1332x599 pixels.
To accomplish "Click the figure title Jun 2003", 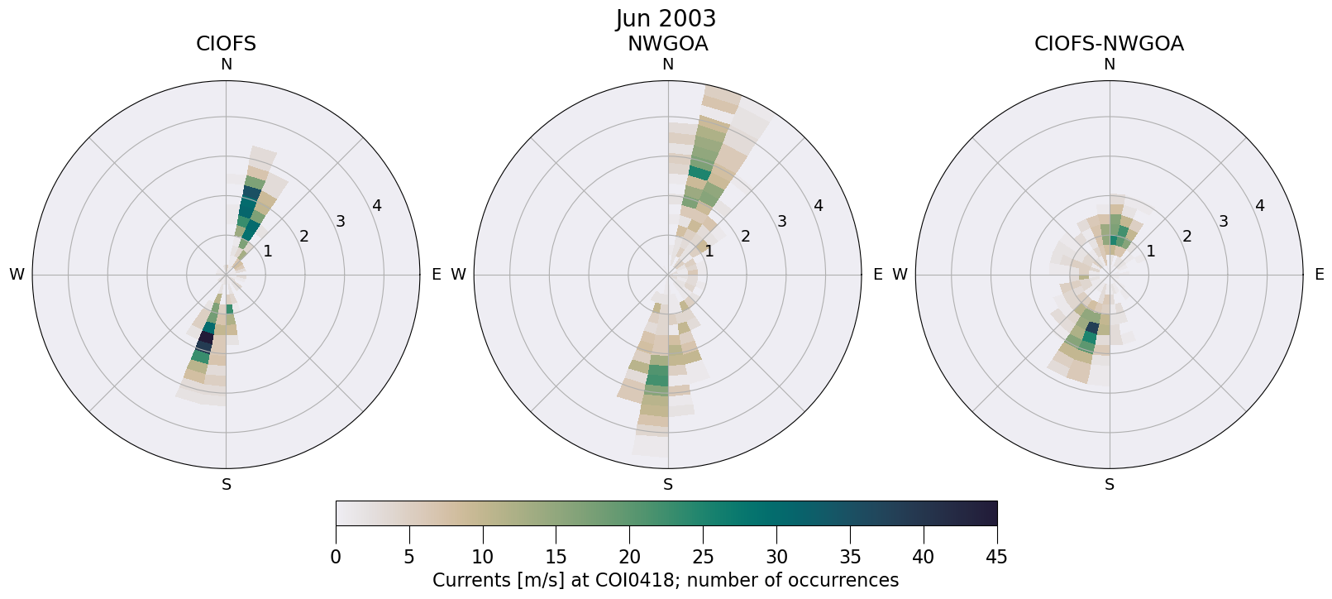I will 666,18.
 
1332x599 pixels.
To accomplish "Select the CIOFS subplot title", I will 226,44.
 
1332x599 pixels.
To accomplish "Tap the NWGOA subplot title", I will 667,44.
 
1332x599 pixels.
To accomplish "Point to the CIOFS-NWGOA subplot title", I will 1109,44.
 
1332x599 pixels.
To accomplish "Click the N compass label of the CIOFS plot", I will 226,65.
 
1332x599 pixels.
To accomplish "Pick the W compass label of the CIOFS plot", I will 17,275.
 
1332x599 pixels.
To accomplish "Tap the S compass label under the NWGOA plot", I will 668,485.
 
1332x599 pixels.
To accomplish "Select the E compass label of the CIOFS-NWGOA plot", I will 1319,275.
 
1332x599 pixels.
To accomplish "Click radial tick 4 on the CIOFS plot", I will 377,206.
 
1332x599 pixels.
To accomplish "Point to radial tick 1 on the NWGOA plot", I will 709,251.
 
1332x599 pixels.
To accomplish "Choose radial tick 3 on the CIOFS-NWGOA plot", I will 1223,221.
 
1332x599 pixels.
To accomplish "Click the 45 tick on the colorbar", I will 996,557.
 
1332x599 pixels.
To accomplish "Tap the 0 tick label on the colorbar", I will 336,557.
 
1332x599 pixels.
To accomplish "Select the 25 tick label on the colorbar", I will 703,557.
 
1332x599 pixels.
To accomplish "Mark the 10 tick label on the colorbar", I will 483,557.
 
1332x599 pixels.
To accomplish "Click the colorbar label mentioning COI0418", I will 666,580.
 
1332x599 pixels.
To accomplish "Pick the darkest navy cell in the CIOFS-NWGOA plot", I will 1092,328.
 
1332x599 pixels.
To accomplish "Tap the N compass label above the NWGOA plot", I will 668,65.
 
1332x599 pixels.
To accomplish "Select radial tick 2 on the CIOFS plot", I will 304,236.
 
